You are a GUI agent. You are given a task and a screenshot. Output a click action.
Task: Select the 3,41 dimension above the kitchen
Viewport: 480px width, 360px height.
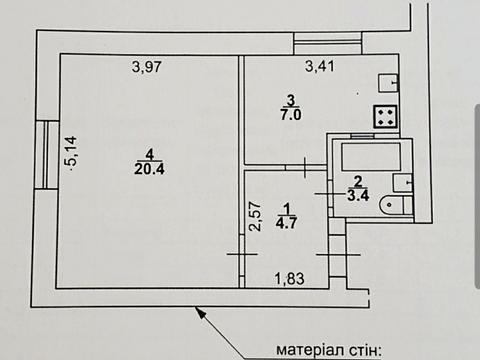coord(320,67)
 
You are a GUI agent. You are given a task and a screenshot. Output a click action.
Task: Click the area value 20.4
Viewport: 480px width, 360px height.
coord(150,167)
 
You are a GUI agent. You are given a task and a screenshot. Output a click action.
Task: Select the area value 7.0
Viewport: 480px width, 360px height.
coord(291,115)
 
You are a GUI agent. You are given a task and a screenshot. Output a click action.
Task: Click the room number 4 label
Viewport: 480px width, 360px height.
coord(150,153)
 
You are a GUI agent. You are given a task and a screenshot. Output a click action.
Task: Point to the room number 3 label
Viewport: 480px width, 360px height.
coord(290,100)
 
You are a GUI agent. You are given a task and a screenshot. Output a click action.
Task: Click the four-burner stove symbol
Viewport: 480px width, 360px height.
coord(386,116)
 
